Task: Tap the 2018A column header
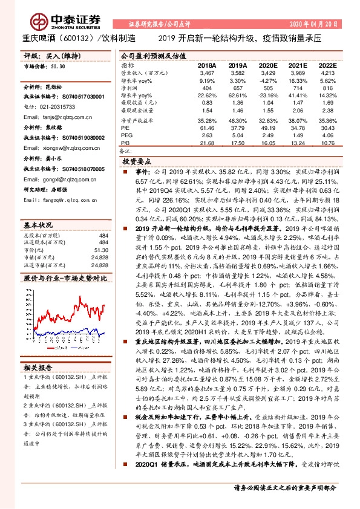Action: (207, 65)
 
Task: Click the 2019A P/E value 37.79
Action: (238, 128)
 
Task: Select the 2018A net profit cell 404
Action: (208, 88)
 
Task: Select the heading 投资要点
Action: (137, 163)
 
